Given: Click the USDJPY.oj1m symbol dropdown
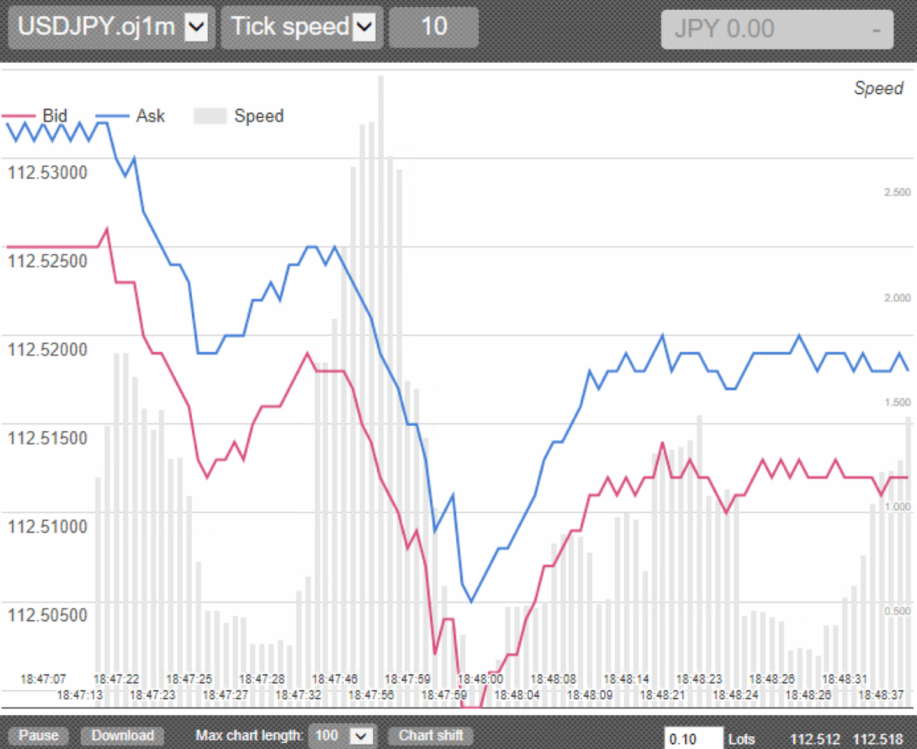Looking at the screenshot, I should point(112,28).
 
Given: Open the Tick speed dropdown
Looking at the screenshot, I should point(302,28).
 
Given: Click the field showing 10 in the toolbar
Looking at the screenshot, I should point(434,28).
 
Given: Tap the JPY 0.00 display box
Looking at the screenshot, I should point(777,29).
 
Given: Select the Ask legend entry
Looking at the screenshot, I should point(131,116).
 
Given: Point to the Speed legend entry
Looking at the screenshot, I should point(239,116).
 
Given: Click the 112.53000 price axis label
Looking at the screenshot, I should point(48,172).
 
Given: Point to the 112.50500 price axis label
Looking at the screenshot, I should point(48,615).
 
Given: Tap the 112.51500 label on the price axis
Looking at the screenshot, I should point(48,438).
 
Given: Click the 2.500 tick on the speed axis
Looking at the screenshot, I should point(897,193).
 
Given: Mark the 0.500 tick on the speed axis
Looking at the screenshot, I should point(897,611).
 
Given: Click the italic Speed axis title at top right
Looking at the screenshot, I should point(878,88).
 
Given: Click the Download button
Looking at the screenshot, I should point(122,735).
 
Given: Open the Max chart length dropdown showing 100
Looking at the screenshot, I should point(342,735).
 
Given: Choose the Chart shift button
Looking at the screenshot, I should point(431,735).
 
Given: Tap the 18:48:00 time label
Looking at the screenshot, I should point(480,679).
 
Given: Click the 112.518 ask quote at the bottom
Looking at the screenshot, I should point(878,739).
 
